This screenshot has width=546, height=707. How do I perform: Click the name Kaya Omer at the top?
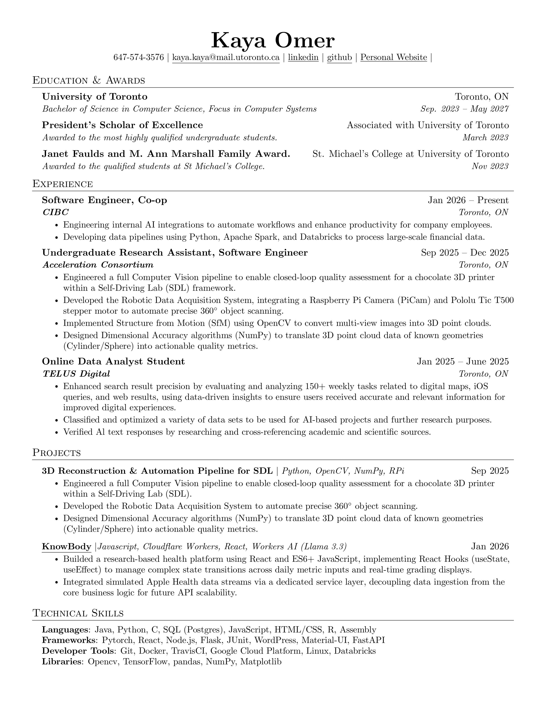tap(273, 41)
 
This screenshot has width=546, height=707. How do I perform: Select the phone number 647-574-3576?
tap(139, 58)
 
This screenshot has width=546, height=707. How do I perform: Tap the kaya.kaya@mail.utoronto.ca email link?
tap(226, 58)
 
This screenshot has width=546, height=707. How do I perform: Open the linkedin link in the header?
tap(303, 58)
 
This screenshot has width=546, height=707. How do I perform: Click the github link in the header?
tap(339, 58)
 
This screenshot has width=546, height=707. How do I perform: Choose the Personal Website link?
tap(394, 58)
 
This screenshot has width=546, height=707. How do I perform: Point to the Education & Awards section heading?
tap(89, 80)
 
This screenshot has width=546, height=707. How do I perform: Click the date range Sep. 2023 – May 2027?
tap(464, 109)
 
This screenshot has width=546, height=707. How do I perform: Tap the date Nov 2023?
tap(490, 166)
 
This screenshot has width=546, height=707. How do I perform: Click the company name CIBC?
tap(56, 212)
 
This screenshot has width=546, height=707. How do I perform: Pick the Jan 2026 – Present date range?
tap(468, 200)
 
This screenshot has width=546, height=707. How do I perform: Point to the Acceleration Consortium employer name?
tap(98, 265)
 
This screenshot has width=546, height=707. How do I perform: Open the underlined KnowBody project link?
tap(66, 547)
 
